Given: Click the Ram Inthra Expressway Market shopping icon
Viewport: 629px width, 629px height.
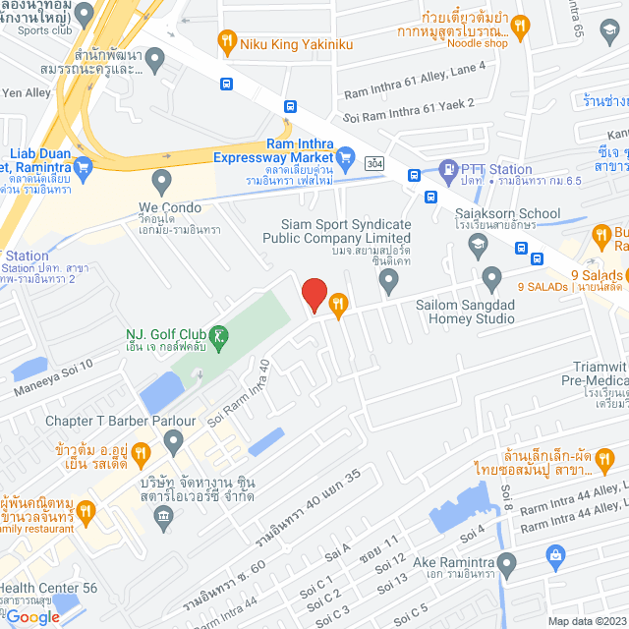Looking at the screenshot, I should pos(345,156).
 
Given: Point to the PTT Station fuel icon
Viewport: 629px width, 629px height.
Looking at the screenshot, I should pos(448,169).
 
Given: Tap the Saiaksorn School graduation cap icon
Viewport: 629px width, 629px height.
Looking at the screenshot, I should pos(478,243).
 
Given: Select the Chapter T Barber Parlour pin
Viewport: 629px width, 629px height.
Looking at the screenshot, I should pos(174,443).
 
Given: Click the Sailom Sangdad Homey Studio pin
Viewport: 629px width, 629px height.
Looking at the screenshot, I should pos(491,277).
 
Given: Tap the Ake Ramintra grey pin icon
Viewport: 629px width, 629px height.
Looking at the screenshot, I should pos(506,565).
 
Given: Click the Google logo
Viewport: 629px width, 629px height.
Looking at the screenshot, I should pos(32,616).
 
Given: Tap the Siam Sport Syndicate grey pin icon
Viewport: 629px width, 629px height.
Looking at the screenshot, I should pos(389,282).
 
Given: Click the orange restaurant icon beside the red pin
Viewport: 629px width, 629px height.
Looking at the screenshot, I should pos(339,304).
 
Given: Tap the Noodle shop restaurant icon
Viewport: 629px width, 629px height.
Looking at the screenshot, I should pos(521,25).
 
